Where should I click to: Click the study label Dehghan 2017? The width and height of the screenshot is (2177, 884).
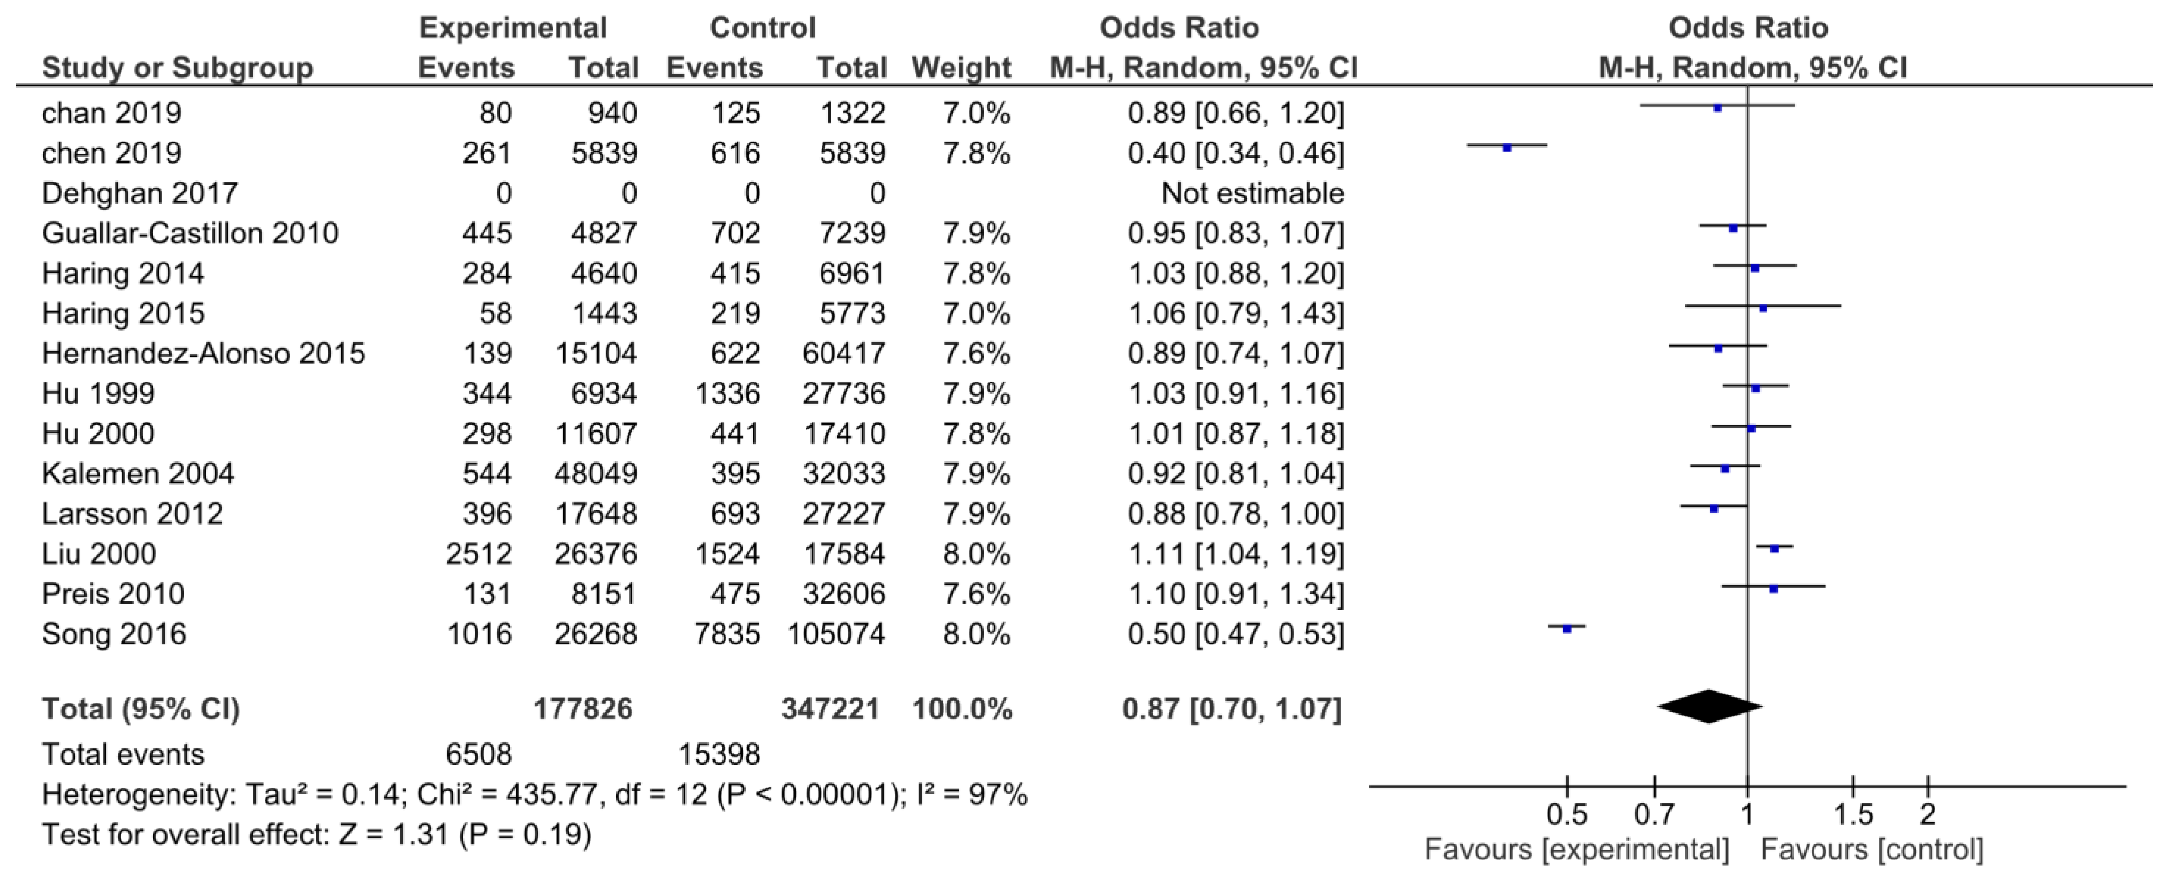tap(140, 193)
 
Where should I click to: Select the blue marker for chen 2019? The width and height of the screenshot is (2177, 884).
tap(1506, 148)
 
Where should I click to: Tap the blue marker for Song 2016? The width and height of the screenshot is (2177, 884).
tap(1566, 629)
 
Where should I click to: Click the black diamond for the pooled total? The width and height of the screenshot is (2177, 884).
tap(1709, 707)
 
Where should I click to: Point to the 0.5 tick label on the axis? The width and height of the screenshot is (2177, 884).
tap(1566, 814)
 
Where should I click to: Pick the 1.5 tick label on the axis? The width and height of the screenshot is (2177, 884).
tap(1853, 814)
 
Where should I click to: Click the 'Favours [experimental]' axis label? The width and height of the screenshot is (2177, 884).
tap(1576, 849)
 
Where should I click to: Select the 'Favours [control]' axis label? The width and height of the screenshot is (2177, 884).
tap(1871, 849)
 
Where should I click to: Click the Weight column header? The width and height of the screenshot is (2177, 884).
tap(961, 68)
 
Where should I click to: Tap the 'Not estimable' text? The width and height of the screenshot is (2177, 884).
tap(1252, 193)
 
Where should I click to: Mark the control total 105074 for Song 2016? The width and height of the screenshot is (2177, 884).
tap(836, 634)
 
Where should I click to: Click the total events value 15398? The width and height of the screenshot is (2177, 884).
tap(719, 754)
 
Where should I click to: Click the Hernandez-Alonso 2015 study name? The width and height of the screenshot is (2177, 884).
tap(203, 353)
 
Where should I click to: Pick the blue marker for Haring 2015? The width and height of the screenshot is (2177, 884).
tap(1763, 309)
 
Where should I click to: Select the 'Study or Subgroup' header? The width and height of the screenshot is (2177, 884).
tap(177, 68)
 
